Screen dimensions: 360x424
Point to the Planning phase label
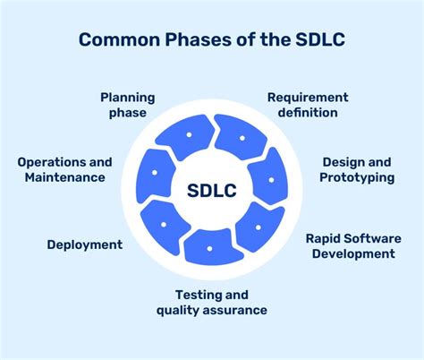click(127, 105)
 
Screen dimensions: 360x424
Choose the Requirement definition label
click(307, 105)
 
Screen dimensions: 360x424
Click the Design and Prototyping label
click(356, 169)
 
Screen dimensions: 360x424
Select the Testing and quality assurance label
click(211, 302)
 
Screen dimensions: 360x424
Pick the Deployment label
click(84, 244)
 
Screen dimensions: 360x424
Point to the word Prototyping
click(356, 177)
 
